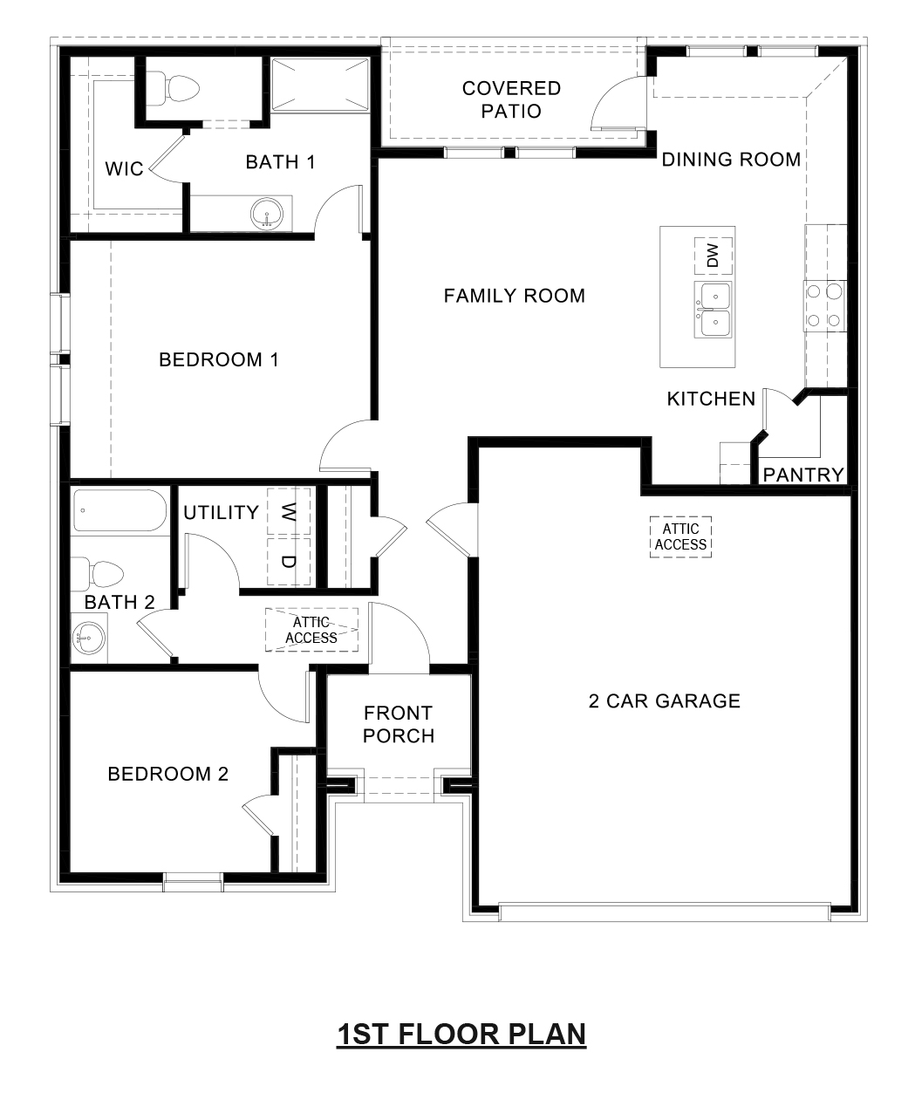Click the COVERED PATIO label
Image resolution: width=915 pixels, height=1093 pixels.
click(511, 99)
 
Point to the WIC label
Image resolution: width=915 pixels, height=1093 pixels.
click(124, 168)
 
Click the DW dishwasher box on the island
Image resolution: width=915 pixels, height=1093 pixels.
click(713, 256)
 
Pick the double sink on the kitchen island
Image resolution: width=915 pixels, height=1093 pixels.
click(713, 310)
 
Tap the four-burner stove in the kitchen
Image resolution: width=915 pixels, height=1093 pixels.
click(824, 305)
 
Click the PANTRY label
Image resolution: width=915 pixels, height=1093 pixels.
click(803, 475)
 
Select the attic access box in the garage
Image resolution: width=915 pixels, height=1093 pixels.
click(680, 536)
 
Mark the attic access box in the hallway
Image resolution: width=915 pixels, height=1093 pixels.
click(312, 630)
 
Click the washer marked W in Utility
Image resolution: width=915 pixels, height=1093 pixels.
click(289, 511)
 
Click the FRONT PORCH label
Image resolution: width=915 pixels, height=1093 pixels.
click(399, 724)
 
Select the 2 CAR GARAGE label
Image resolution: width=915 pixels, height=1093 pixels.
click(664, 700)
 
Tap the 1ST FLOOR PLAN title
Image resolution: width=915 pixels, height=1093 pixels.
click(461, 1035)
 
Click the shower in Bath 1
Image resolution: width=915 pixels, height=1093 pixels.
click(319, 85)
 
